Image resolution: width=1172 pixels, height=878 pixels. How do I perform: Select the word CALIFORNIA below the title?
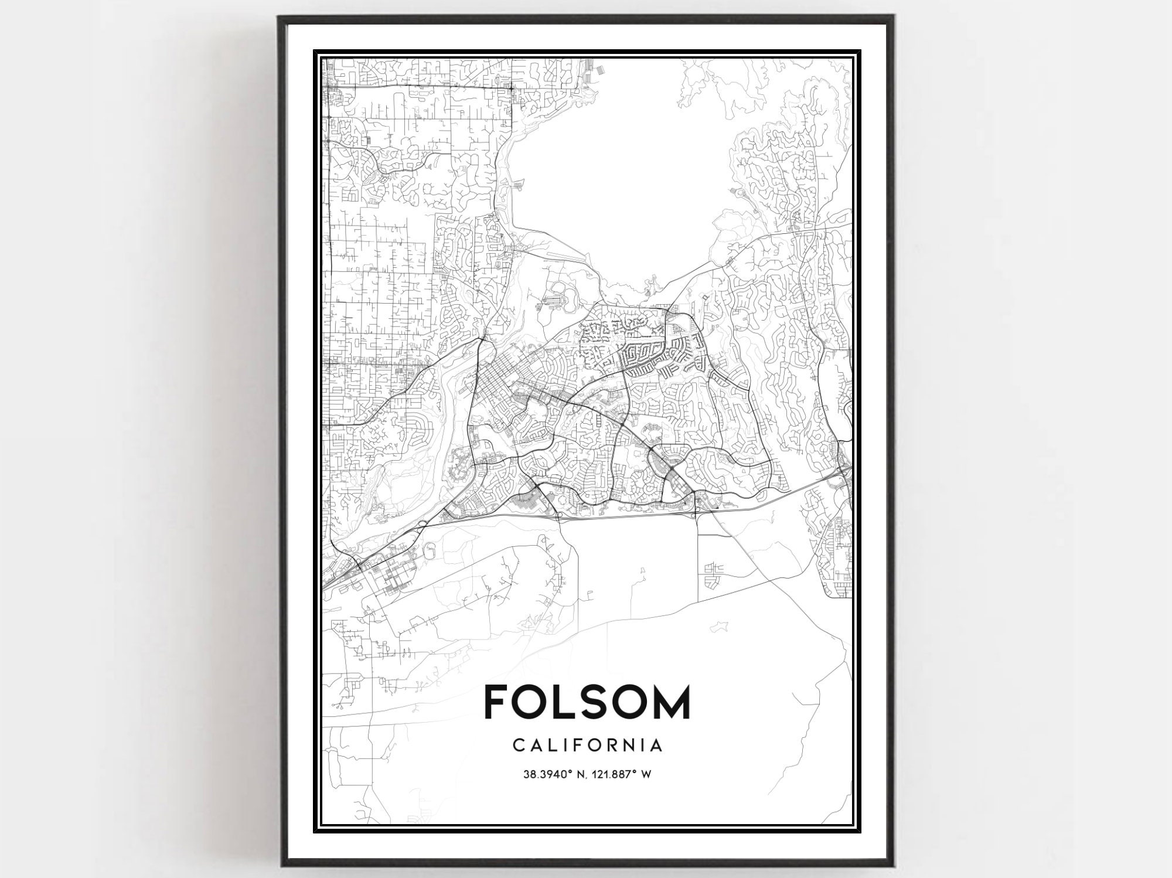[x=587, y=745]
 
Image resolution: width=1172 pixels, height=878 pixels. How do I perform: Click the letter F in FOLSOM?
[x=496, y=702]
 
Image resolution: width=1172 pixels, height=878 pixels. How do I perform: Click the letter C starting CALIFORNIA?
[x=518, y=745]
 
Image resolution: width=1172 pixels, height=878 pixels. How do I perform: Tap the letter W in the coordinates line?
[x=646, y=774]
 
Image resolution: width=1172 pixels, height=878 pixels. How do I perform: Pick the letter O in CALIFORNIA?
[x=599, y=745]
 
